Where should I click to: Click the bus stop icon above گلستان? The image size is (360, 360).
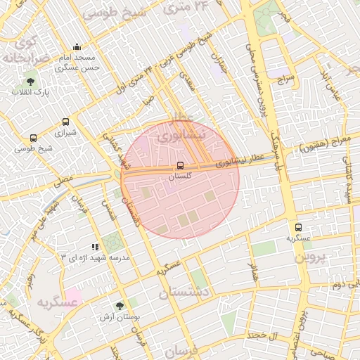coord(181,166)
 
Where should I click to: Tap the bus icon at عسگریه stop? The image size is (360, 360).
coord(299,227)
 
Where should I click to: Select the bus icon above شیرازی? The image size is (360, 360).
coord(65,122)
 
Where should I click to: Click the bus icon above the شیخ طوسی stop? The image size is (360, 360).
coord(34,138)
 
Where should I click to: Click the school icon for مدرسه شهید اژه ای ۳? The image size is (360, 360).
coord(96,247)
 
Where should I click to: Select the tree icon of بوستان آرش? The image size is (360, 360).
coord(120,306)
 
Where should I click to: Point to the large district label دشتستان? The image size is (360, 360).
coord(184,290)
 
